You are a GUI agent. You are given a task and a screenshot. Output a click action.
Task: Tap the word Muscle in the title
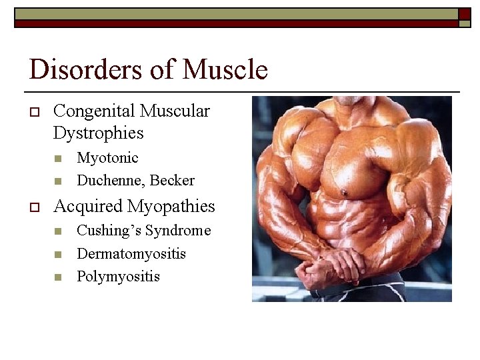pos(225,69)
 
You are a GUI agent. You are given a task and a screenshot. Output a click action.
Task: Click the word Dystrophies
pos(98,133)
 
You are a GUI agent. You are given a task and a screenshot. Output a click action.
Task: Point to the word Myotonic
pos(107,158)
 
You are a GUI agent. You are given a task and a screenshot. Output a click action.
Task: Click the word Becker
pos(173,181)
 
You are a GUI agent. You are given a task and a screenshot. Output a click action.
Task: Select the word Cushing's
pos(109,231)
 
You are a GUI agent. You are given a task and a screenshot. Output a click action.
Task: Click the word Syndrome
pos(178,231)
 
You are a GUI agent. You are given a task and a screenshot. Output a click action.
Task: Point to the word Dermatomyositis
pos(131,254)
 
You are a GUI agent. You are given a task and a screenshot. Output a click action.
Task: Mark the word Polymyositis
pos(118,277)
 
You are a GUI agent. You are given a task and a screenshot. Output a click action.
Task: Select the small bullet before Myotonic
pos(58,159)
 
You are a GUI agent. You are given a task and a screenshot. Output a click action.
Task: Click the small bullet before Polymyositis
pos(58,277)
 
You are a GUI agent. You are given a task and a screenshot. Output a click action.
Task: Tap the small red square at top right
pos(464,14)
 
